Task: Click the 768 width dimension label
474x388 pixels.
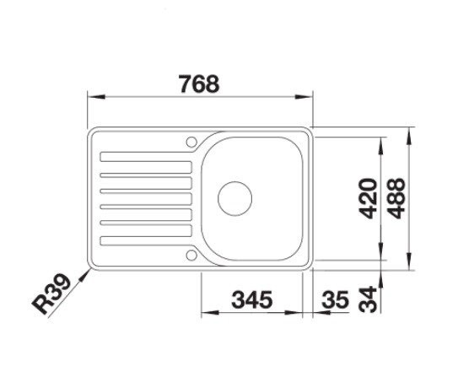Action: pos(200,84)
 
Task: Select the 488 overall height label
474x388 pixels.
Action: pos(395,199)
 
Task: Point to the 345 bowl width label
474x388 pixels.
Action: pos(250,299)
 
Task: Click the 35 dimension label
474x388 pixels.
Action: pos(335,299)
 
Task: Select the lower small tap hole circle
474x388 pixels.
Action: pos(192,253)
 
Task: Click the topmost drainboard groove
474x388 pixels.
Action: pos(145,155)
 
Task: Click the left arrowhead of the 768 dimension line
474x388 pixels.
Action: pos(92,97)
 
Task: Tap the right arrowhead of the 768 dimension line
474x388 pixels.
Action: pos(309,97)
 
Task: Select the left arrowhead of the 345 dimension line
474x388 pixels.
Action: pos(207,313)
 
